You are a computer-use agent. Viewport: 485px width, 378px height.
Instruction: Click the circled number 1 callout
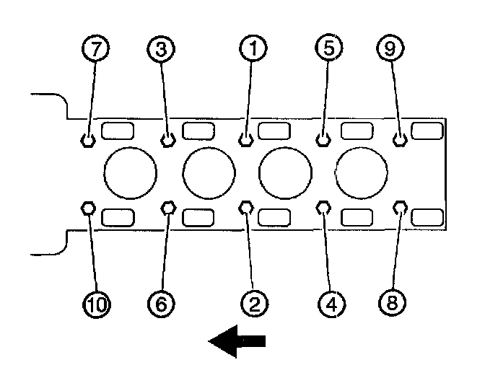[251, 49]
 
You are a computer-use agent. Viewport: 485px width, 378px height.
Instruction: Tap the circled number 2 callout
[253, 304]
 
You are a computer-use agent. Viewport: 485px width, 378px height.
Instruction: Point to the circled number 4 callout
[330, 304]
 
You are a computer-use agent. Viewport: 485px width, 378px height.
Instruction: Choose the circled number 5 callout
[328, 49]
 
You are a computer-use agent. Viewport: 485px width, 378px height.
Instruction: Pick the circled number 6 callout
[162, 304]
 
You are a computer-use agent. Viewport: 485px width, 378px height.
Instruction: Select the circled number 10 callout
[95, 304]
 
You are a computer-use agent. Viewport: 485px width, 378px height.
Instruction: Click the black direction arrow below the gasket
[237, 341]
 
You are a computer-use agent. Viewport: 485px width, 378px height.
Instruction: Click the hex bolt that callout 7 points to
[88, 139]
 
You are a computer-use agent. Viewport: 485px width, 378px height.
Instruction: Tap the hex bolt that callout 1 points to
[246, 139]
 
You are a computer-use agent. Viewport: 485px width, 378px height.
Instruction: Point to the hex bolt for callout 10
[89, 208]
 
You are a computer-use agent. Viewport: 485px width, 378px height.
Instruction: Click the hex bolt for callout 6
[168, 208]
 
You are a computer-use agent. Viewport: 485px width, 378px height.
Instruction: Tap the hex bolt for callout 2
[246, 208]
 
